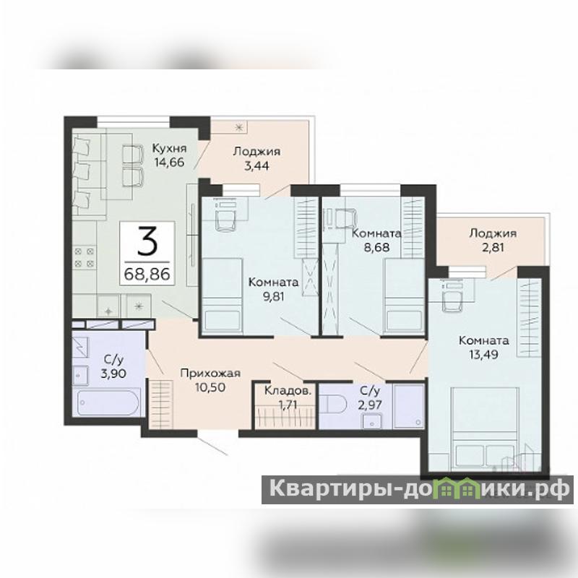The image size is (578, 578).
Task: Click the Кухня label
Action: (170, 148)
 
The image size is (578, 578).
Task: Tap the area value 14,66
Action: (170, 162)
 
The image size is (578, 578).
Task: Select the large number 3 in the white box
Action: (147, 241)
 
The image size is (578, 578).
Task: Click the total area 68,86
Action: (147, 274)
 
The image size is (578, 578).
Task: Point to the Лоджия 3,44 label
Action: (256, 158)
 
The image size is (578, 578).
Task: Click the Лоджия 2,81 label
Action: (493, 240)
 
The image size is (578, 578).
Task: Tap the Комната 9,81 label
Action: (273, 289)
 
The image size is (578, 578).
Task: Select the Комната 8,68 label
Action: (376, 240)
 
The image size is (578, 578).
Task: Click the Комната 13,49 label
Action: (483, 348)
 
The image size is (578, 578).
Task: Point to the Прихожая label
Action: (210, 373)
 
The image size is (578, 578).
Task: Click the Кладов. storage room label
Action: (288, 391)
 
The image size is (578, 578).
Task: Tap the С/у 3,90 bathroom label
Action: (114, 366)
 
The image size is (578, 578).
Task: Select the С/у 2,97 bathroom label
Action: (370, 397)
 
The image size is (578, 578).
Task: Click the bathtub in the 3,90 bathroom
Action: (108, 402)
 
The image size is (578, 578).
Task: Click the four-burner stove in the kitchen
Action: (85, 257)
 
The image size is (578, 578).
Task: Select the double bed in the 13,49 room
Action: (485, 427)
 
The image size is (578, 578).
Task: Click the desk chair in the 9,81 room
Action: (226, 219)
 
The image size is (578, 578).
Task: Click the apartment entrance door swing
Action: (212, 446)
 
